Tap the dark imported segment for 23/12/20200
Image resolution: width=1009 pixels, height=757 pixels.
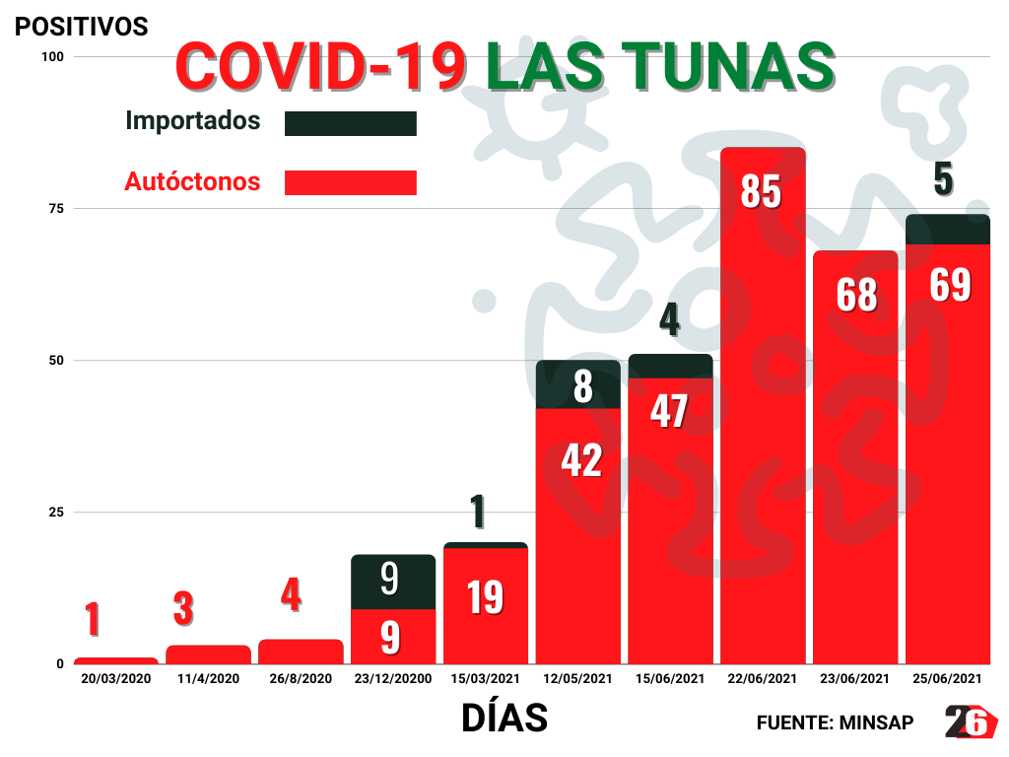pyautogui.click(x=393, y=582)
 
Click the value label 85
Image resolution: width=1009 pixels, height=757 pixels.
pyautogui.click(x=762, y=191)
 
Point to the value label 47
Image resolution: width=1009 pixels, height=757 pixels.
pyautogui.click(x=670, y=411)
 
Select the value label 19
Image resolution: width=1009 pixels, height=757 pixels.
pyautogui.click(x=486, y=597)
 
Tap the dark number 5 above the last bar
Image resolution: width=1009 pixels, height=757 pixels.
pyautogui.click(x=943, y=179)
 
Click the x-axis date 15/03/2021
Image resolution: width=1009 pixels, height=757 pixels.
pyautogui.click(x=486, y=679)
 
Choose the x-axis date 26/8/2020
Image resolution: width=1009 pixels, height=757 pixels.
pyautogui.click(x=301, y=679)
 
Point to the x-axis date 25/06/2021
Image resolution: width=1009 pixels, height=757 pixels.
pyautogui.click(x=947, y=679)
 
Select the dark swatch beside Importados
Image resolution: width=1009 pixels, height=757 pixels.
pyautogui.click(x=351, y=123)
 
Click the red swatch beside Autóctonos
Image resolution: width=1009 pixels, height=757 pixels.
pyautogui.click(x=351, y=182)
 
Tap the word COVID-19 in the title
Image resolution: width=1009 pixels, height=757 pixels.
pyautogui.click(x=320, y=66)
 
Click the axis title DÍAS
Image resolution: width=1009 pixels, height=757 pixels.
pyautogui.click(x=504, y=719)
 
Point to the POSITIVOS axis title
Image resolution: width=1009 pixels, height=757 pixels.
pyautogui.click(x=81, y=27)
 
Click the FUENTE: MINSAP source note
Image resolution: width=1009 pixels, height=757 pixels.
pyautogui.click(x=835, y=723)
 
